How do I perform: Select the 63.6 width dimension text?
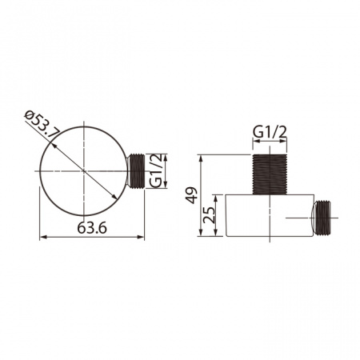[93, 227]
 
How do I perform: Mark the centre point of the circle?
[83, 171]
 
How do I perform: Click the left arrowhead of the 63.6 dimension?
[42, 238]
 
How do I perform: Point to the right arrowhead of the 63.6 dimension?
[142, 238]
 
